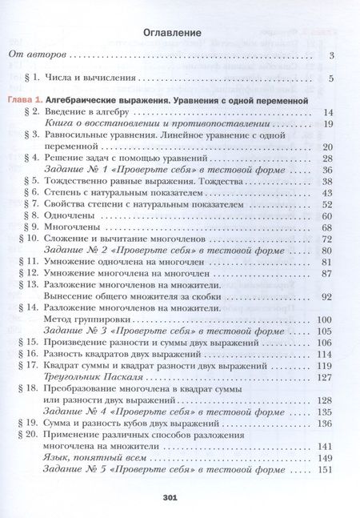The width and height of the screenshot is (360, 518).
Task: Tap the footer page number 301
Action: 179,498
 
